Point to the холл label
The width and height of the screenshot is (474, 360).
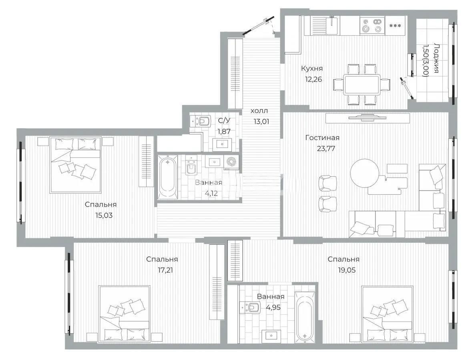[259, 111]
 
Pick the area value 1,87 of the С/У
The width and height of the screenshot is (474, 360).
[224, 130]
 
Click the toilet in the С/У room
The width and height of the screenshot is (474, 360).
[203, 120]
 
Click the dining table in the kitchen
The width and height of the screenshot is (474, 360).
[362, 84]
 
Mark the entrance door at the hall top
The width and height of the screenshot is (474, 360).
[258, 25]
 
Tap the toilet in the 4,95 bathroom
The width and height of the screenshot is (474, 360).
[251, 308]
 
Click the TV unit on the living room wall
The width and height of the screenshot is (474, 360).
[367, 118]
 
